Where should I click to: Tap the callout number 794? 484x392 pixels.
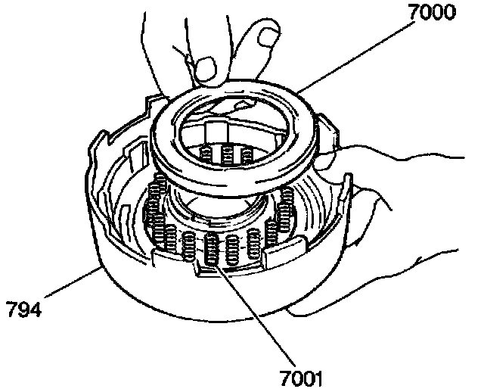[23, 309]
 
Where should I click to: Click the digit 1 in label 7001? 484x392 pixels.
[321, 377]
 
